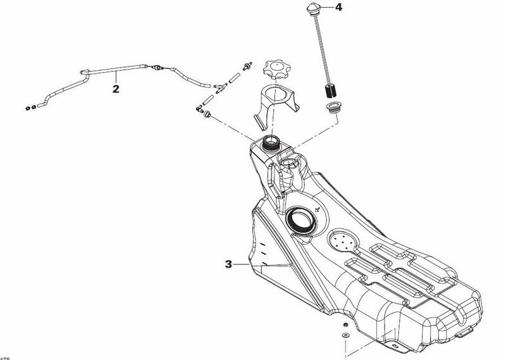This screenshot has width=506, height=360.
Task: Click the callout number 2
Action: click(116, 89)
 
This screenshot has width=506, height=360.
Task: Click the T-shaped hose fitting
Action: click(220, 88)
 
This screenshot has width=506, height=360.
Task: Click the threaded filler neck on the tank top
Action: click(271, 142)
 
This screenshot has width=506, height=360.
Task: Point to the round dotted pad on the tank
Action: click(343, 242)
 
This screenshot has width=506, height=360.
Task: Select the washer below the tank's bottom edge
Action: click(345, 333)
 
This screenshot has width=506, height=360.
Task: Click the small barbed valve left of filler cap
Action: click(246, 67)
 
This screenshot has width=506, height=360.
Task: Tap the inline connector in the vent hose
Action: click(157, 66)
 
